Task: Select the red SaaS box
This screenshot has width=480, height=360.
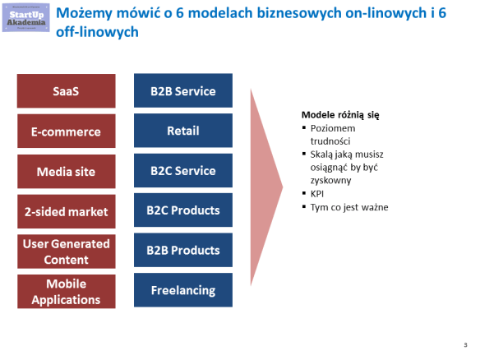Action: (66, 91)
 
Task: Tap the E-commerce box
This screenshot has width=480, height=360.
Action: (66, 132)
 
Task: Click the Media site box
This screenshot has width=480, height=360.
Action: (66, 171)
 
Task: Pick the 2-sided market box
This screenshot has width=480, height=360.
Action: (66, 211)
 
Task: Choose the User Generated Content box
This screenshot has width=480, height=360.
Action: (66, 252)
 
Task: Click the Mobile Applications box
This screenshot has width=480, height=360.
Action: (66, 291)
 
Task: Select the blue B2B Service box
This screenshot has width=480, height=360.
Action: (183, 91)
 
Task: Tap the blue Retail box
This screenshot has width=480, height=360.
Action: (183, 132)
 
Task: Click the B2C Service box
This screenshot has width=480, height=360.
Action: (183, 171)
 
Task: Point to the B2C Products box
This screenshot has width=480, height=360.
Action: (183, 210)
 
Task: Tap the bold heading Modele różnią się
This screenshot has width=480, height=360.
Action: (340, 115)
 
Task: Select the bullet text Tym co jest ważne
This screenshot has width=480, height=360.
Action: (349, 206)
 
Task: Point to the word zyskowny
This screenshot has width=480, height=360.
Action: (330, 180)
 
